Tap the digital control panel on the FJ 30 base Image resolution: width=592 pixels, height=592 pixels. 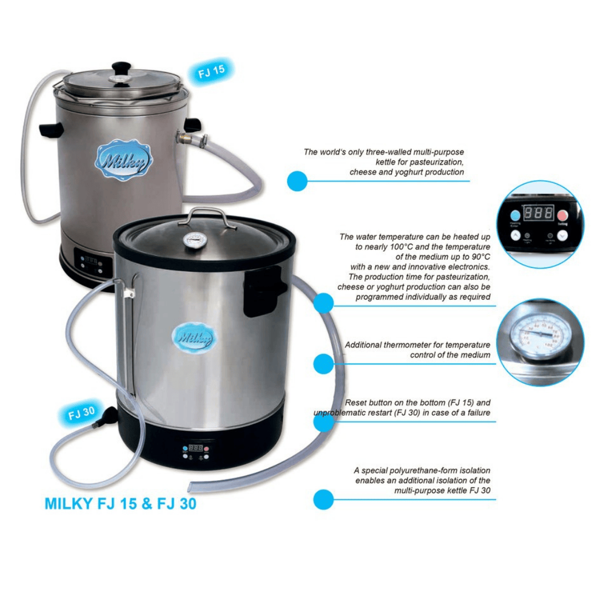click(x=196, y=452)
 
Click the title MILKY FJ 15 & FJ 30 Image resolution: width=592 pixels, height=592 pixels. click(x=120, y=504)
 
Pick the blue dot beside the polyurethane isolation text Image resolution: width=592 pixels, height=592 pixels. click(x=323, y=499)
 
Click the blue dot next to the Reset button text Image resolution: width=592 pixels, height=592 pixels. click(x=323, y=422)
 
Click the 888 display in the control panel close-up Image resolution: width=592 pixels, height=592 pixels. click(x=538, y=213)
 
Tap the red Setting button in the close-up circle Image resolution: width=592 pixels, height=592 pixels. click(x=563, y=215)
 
